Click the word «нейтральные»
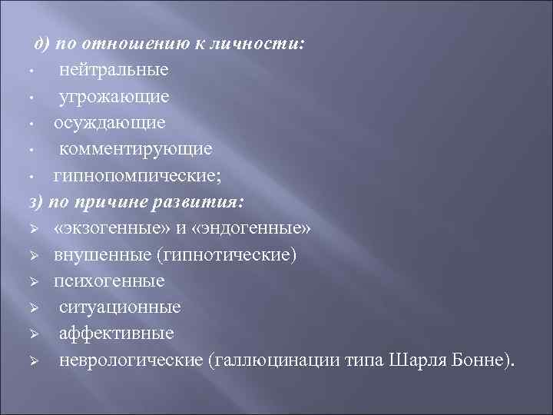coord(114,69)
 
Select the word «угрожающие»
coord(114,97)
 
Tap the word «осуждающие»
coord(109,123)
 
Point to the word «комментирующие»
coord(136,148)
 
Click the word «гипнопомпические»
coord(135,176)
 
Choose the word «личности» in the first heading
coord(260,44)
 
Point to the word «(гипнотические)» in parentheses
coord(225,255)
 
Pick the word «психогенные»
coord(110,281)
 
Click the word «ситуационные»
coord(120,307)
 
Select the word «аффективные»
coord(117,334)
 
